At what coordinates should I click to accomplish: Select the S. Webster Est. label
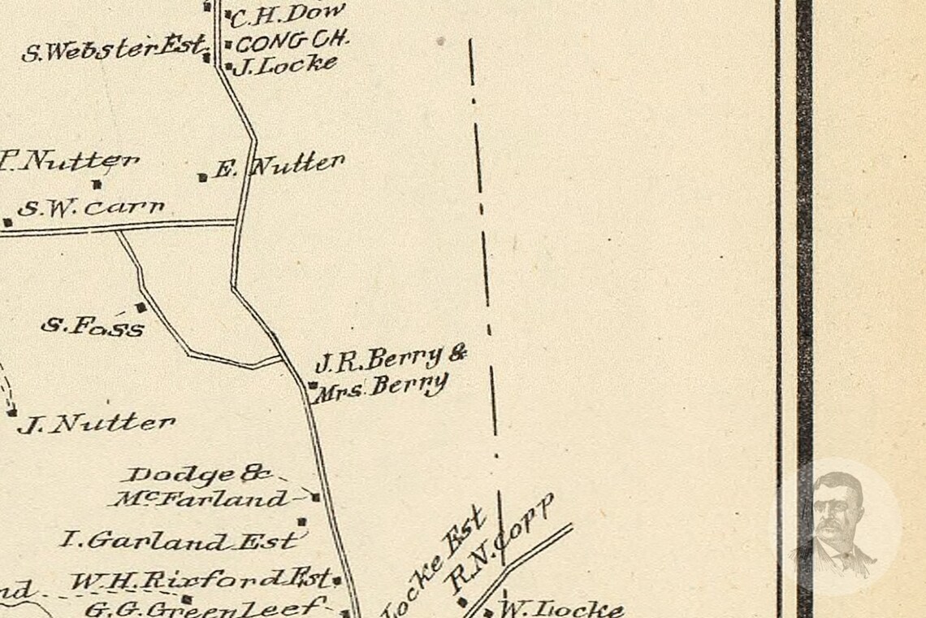click(113, 50)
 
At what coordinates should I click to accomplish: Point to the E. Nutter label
click(279, 167)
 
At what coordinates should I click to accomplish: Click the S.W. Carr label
click(91, 208)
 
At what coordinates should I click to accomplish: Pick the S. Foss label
click(93, 326)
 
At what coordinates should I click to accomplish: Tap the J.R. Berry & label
click(391, 357)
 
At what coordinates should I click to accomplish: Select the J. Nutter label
click(97, 424)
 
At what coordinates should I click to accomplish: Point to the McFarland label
click(199, 498)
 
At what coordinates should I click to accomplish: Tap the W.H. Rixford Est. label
click(201, 581)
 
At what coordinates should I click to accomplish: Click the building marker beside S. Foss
click(141, 307)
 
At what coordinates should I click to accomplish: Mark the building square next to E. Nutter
click(202, 176)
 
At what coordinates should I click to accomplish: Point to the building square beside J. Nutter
click(11, 413)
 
